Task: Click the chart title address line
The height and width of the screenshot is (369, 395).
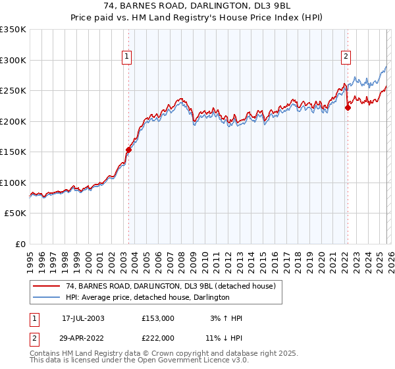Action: tap(197, 6)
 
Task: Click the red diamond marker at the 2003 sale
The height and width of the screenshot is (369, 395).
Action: tap(129, 150)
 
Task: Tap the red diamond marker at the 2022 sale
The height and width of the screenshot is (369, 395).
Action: tap(348, 109)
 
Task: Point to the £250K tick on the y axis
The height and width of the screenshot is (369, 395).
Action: tap(13, 91)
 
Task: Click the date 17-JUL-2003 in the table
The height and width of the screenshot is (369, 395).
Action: tap(83, 318)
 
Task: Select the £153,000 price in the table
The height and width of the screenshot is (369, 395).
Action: tap(157, 318)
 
